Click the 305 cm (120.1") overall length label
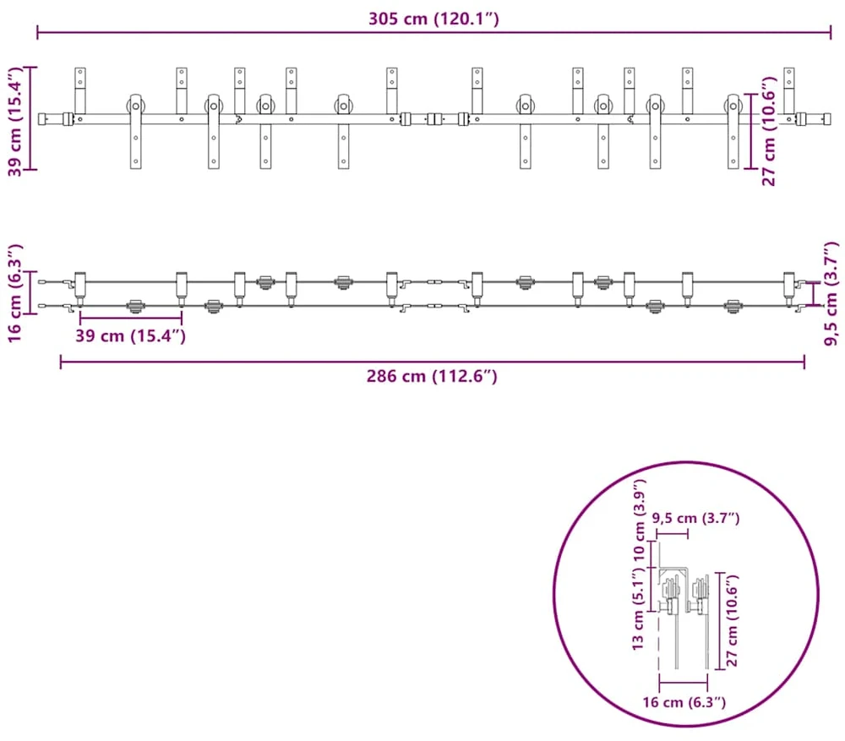[433, 19]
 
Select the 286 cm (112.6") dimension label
[432, 376]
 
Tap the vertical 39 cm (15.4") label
[15, 122]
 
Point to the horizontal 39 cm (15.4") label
[130, 335]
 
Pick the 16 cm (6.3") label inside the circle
[684, 701]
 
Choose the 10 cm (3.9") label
[639, 520]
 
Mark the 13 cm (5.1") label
[638, 608]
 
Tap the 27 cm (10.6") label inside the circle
[732, 620]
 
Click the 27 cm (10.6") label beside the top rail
[768, 131]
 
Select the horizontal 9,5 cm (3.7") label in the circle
[695, 518]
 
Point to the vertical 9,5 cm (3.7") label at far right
[831, 293]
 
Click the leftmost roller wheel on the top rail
[135, 105]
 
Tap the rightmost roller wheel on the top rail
[733, 105]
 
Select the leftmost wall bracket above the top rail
[79, 90]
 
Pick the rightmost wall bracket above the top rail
[789, 90]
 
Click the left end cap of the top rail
[42, 118]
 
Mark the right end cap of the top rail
[826, 118]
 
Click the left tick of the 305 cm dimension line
[37, 32]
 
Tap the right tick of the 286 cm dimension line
[804, 362]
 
